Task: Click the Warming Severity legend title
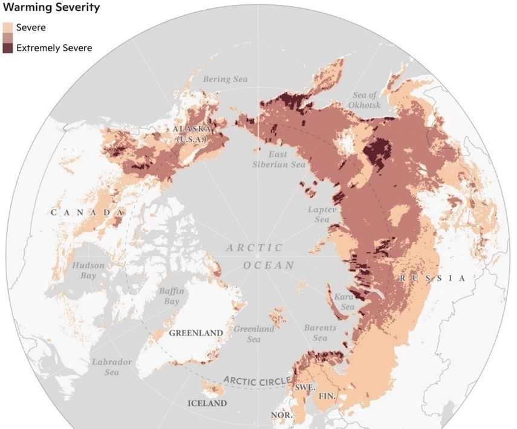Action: (51, 8)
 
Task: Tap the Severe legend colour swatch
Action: (9, 28)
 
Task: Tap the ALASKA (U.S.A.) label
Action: (191, 134)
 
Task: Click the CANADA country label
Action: (88, 213)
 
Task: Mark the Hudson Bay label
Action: (88, 271)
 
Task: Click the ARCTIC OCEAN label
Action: (259, 256)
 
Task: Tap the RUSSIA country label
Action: (432, 279)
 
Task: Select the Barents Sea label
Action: (320, 333)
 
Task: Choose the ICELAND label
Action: (207, 403)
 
